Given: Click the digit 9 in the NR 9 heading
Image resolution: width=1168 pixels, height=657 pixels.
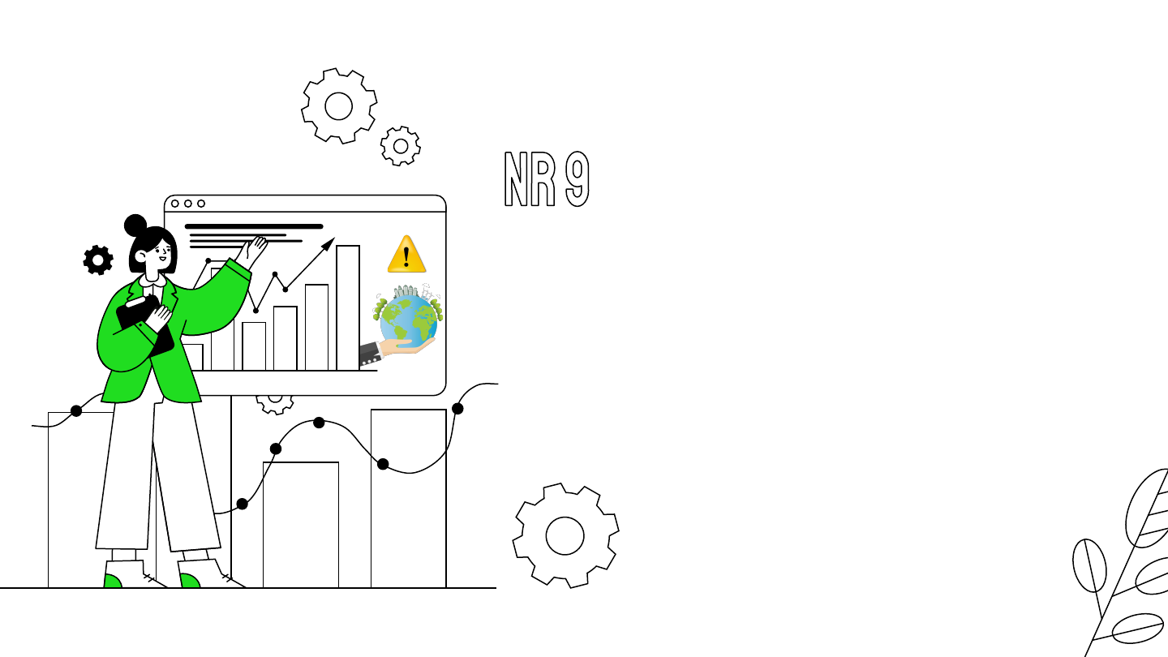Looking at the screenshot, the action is tap(576, 178).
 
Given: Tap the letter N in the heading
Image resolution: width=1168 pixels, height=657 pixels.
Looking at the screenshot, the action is tap(517, 178).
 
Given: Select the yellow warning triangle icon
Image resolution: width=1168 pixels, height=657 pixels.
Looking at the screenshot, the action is tap(406, 255).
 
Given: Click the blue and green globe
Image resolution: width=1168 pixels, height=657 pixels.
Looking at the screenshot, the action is tap(409, 321).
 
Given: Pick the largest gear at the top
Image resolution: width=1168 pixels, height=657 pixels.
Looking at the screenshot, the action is tap(339, 106).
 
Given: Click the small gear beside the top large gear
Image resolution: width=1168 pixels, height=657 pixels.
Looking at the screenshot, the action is tap(400, 147).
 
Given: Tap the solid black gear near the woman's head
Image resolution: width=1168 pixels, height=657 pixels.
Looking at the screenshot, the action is tap(98, 260).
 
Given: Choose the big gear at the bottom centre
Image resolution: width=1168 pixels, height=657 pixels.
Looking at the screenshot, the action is tap(565, 535).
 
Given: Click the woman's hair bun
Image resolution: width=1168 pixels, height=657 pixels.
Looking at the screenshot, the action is tap(135, 225).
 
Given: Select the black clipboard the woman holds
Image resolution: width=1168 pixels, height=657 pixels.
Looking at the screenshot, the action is tap(146, 325).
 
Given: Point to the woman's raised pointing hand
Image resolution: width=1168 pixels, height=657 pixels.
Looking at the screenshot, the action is tap(257, 247).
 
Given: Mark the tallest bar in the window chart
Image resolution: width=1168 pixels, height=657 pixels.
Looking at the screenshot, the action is tap(348, 307).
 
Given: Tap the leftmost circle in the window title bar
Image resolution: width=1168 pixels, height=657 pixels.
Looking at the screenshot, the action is tap(175, 204).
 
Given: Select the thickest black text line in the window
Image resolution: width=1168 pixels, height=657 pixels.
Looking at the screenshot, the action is tap(254, 226).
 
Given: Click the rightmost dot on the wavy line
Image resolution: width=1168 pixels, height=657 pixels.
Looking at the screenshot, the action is tap(457, 408).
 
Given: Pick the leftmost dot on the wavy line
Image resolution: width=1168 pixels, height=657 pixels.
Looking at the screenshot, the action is tap(76, 410).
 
